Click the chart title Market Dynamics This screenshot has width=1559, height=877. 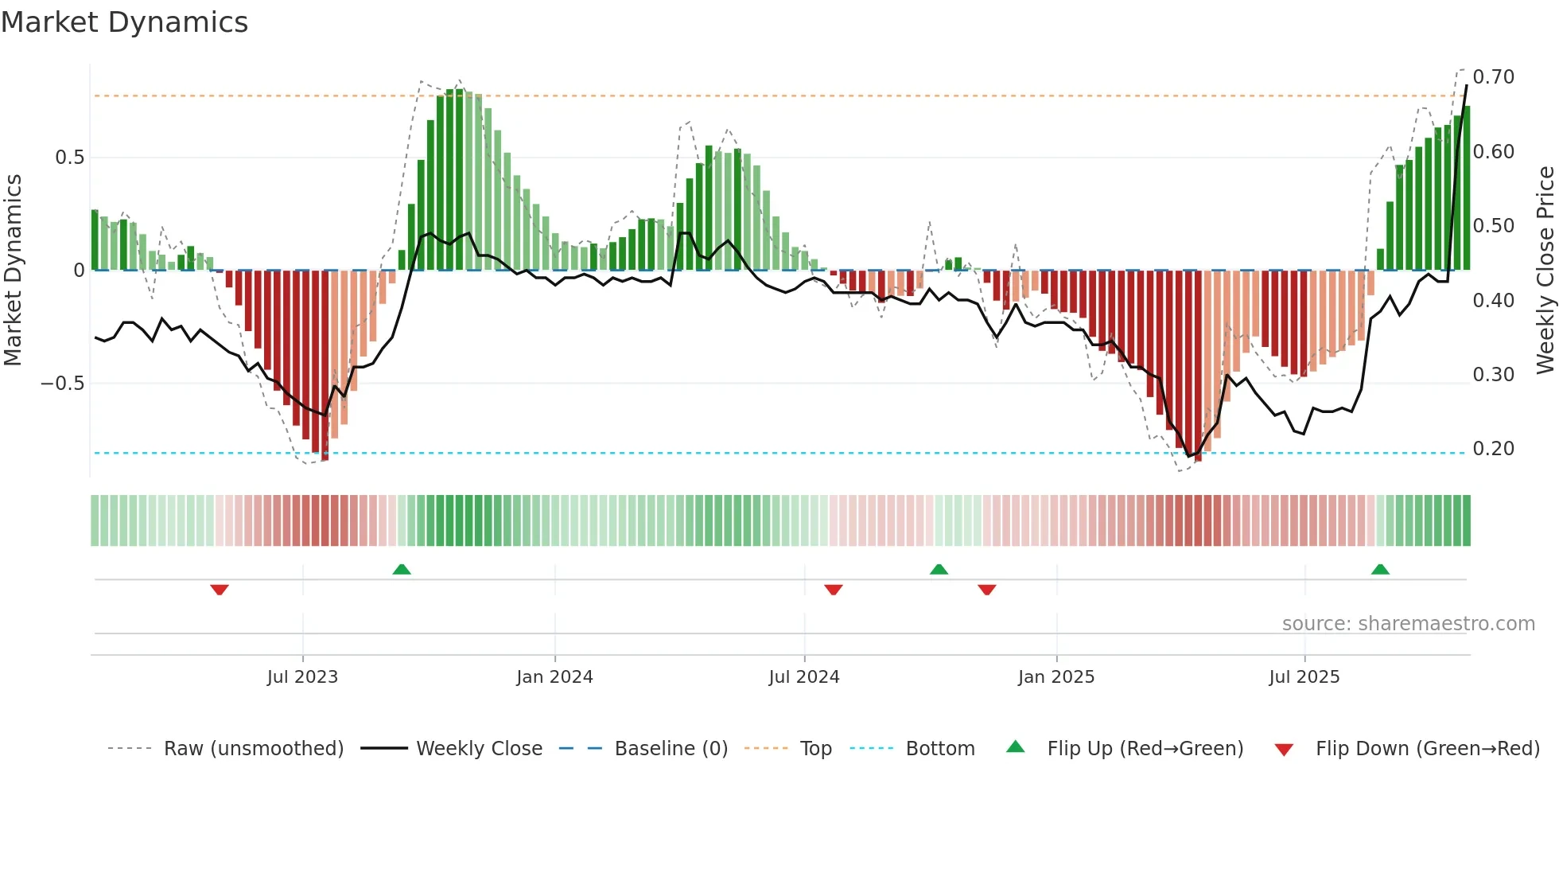(x=124, y=22)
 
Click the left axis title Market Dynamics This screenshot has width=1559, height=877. (x=13, y=270)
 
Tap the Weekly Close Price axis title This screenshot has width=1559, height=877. (x=1545, y=270)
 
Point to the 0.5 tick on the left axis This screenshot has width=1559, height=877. (x=70, y=158)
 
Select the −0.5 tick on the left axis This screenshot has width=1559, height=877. (x=63, y=384)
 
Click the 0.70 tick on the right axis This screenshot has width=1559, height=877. (x=1493, y=77)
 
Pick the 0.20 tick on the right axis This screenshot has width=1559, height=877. (x=1493, y=449)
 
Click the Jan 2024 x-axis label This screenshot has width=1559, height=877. (x=554, y=677)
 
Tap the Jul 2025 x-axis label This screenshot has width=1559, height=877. (x=1304, y=677)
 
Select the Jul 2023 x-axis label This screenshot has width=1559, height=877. (x=302, y=677)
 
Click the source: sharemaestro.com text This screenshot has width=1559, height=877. (x=1408, y=624)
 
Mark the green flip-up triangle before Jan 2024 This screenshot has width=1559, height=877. (x=402, y=569)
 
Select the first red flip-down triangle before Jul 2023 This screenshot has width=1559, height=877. (x=220, y=590)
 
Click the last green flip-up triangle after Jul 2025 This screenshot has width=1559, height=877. (x=1380, y=569)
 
